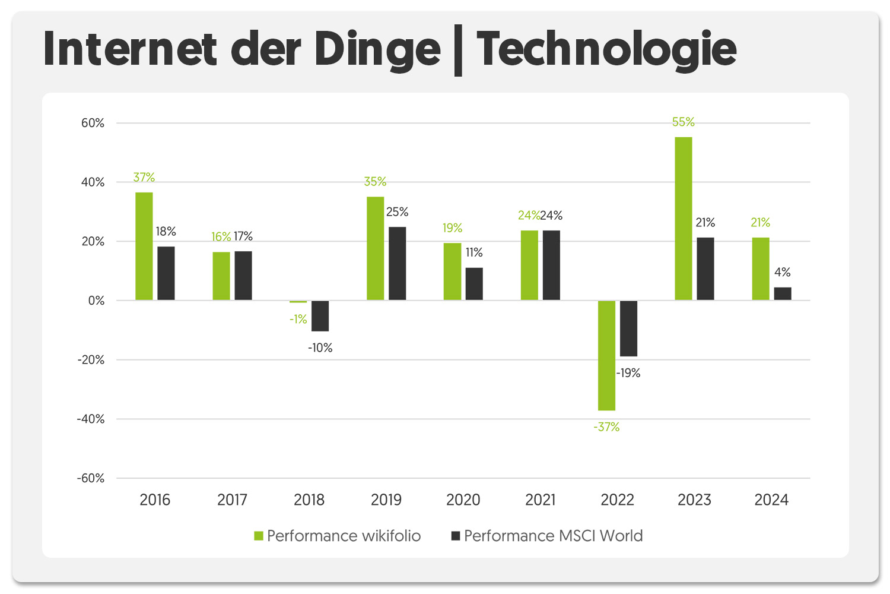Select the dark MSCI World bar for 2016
pyautogui.click(x=166, y=273)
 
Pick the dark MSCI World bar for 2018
pyautogui.click(x=320, y=315)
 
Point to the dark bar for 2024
pyautogui.click(x=783, y=293)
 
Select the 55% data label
pyautogui.click(x=683, y=122)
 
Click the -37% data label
pyautogui.click(x=606, y=427)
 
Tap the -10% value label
pyautogui.click(x=320, y=348)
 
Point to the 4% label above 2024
pyautogui.click(x=783, y=272)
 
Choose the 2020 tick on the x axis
pyautogui.click(x=463, y=500)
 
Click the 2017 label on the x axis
pyautogui.click(x=232, y=500)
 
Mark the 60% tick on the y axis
pyautogui.click(x=93, y=123)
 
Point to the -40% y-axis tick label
pyautogui.click(x=90, y=419)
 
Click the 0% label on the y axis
pyautogui.click(x=96, y=301)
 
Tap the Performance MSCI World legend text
pyautogui.click(x=553, y=536)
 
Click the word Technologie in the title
pyautogui.click(x=606, y=49)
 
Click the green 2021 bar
pyautogui.click(x=529, y=265)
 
